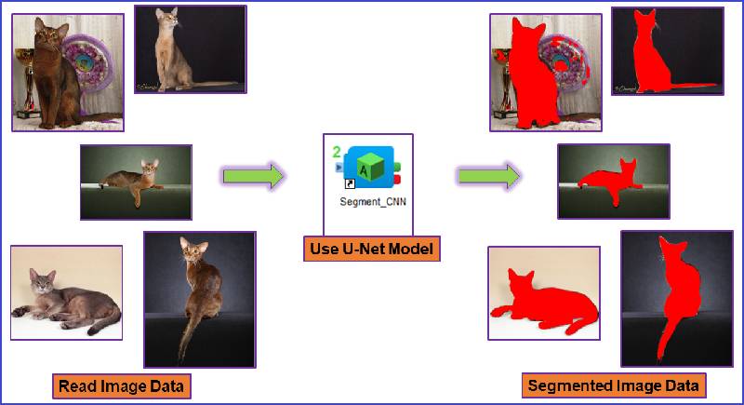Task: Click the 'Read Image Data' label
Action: [x=122, y=386]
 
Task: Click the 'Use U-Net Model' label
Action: [x=371, y=249]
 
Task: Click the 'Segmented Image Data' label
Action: [x=614, y=385]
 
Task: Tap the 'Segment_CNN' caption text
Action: [x=373, y=202]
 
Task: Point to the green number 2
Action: [x=337, y=153]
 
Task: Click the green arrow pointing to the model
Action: [x=253, y=176]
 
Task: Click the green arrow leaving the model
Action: [x=489, y=176]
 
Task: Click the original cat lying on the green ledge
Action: [x=135, y=182]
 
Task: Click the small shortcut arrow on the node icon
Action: [x=350, y=183]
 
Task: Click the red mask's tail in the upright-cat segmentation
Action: [x=694, y=86]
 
